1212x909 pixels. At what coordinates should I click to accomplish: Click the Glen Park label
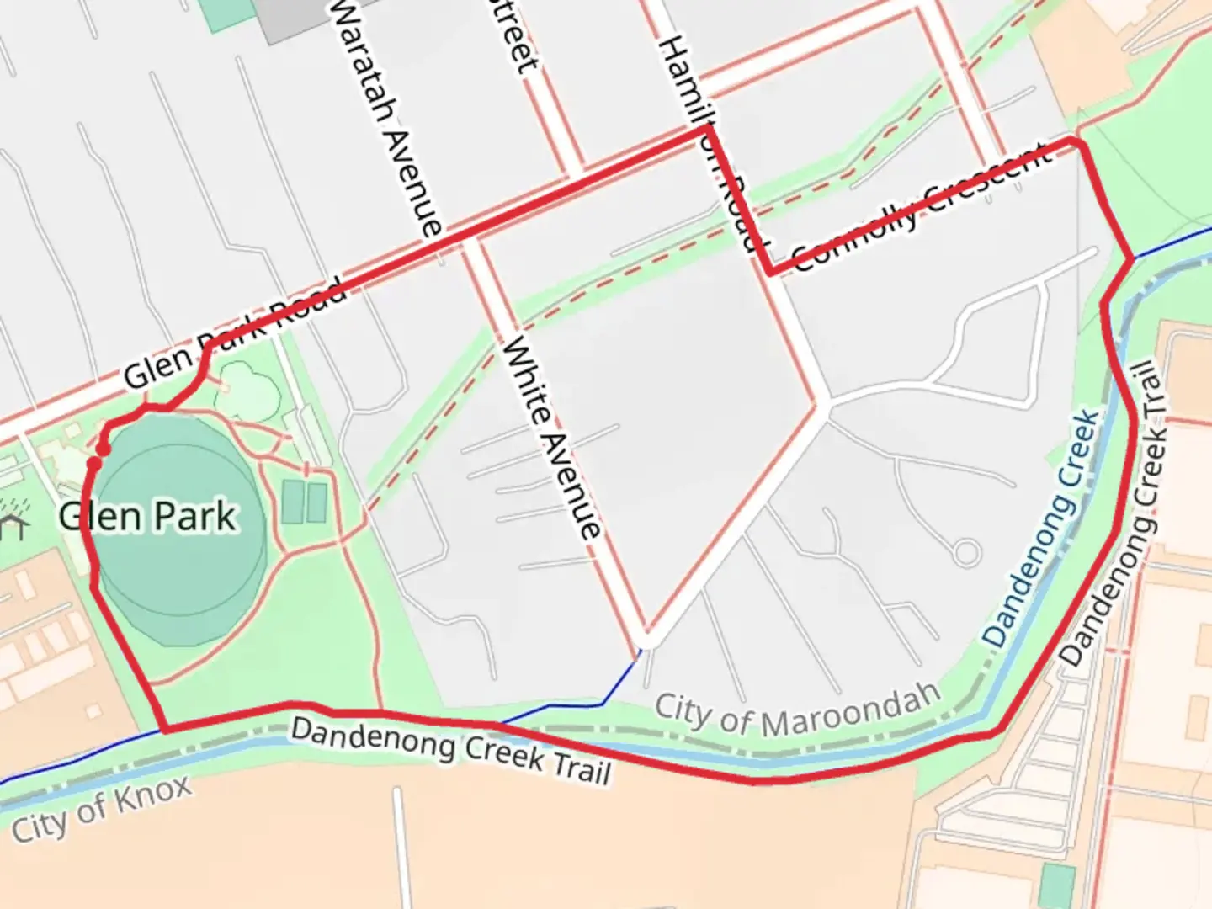point(148,516)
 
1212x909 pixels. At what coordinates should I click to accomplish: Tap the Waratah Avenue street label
point(385,118)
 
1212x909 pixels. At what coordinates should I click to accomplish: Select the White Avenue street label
point(551,438)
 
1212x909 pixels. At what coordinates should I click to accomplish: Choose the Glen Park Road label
point(234,333)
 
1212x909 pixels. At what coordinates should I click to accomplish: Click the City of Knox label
point(102,807)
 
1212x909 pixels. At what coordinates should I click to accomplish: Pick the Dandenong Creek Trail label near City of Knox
point(450,751)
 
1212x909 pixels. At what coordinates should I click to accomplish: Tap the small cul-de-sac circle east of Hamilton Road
point(966,553)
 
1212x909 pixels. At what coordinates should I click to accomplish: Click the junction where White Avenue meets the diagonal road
point(646,635)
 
